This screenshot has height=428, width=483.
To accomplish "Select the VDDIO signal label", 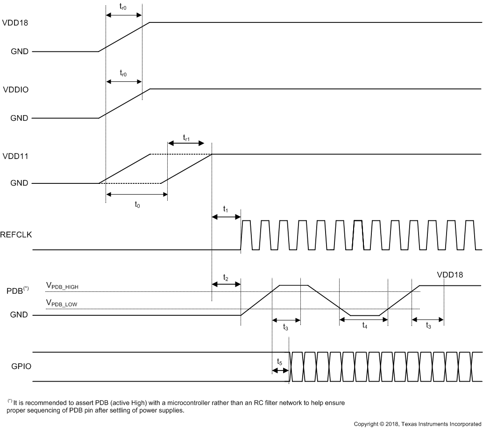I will (x=15, y=89).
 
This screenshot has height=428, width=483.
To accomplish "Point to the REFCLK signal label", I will (x=16, y=235).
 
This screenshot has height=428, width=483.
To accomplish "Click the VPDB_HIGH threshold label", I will (x=64, y=285).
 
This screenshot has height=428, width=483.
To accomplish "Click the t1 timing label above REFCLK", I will (x=226, y=209).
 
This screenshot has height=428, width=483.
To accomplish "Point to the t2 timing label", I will (x=226, y=277).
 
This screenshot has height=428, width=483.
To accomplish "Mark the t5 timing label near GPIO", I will (x=279, y=362).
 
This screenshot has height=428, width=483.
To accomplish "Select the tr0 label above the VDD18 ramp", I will (x=123, y=6).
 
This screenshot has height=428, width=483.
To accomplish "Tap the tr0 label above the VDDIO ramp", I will (x=123, y=73).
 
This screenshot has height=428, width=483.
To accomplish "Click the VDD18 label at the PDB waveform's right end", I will (x=450, y=275).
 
